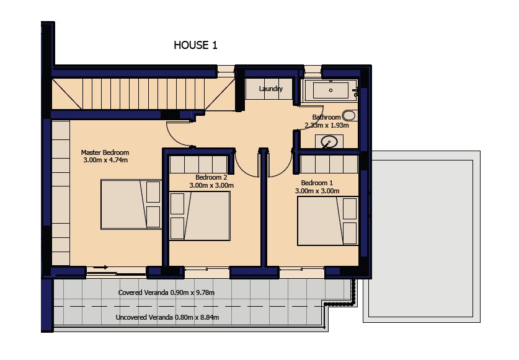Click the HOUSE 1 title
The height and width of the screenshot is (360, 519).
click(195, 45)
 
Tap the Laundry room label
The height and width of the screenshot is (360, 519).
click(271, 89)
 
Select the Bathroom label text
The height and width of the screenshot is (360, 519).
click(326, 117)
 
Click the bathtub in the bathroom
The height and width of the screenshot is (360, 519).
click(330, 90)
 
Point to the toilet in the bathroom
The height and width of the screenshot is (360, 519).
click(349, 115)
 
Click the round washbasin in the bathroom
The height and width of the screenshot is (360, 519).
click(329, 142)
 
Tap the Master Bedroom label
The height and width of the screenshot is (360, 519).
click(105, 152)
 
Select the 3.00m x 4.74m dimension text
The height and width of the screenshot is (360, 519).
click(105, 160)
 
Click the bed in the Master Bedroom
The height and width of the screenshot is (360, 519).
click(130, 204)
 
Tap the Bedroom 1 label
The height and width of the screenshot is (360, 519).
click(317, 183)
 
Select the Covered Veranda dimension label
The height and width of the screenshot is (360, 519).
click(166, 292)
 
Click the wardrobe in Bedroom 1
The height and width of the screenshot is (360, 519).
click(329, 164)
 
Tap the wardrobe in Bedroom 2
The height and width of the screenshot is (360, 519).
click(198, 164)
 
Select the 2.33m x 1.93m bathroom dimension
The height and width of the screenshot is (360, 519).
click(327, 125)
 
